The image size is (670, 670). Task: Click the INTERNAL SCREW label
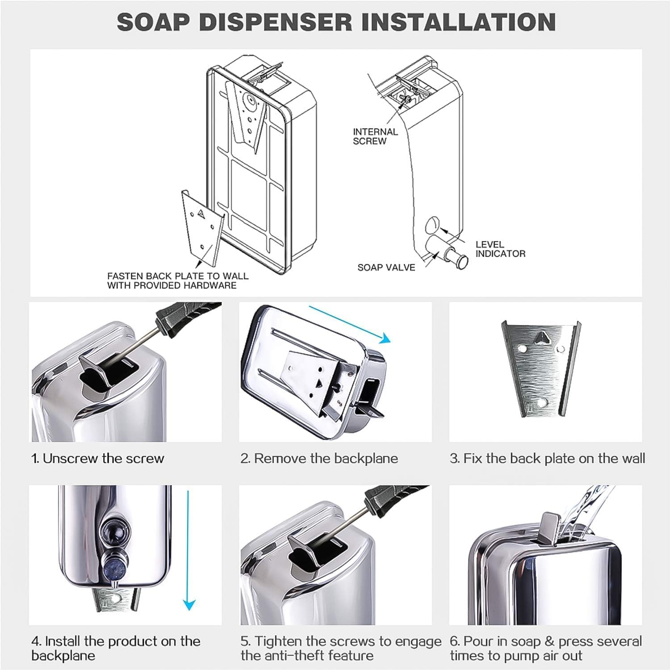click(375, 136)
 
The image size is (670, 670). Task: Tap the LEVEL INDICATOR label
click(500, 249)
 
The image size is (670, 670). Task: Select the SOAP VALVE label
click(386, 268)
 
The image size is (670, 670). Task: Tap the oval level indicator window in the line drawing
click(432, 224)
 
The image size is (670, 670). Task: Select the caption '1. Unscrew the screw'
click(98, 458)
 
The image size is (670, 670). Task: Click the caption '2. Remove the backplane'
click(319, 458)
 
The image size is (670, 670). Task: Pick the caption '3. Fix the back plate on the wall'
click(547, 458)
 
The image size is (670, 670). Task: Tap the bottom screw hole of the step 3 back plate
click(542, 402)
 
